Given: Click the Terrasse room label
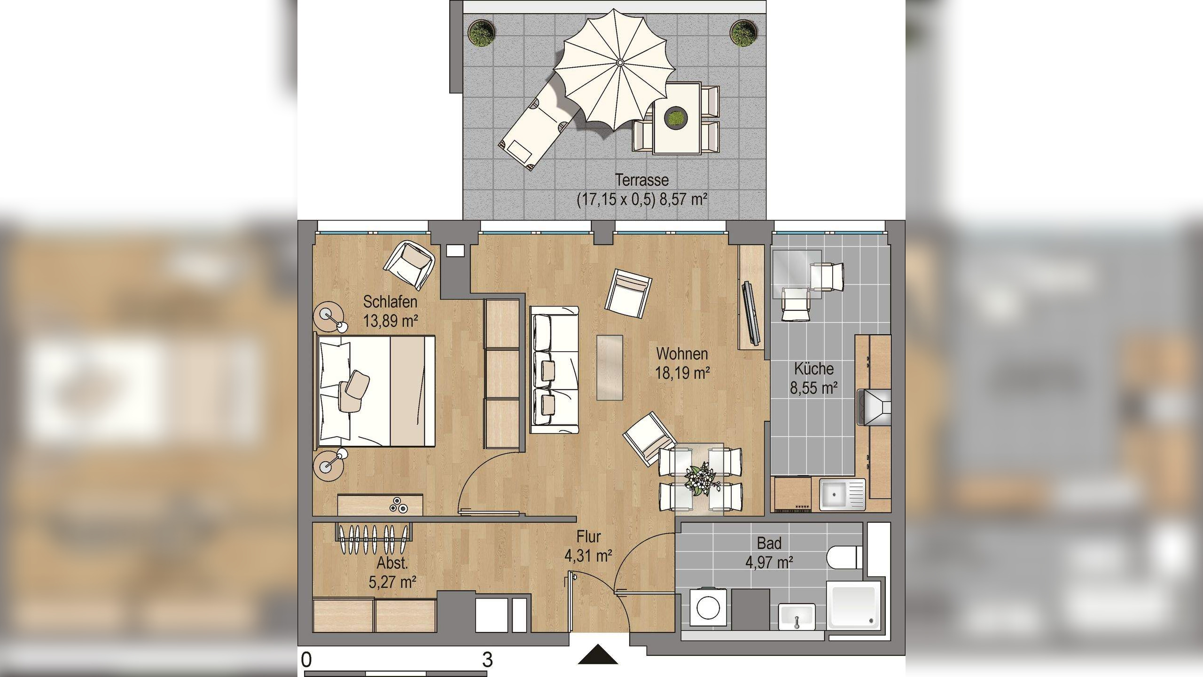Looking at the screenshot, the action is [642, 180].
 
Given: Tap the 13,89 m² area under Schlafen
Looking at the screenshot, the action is [391, 321].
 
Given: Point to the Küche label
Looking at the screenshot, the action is [814, 368].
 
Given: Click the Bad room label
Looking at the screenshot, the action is [769, 543].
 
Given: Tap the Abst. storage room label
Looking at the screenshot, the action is [392, 563].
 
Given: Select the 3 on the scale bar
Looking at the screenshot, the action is [487, 660].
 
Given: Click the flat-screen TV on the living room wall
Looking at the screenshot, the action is [751, 312].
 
